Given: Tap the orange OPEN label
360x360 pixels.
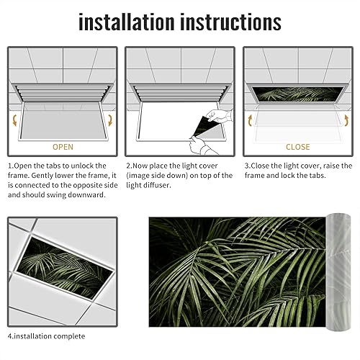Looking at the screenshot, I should pyautogui.click(x=63, y=147).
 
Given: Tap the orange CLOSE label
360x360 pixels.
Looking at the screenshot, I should pyautogui.click(x=297, y=147).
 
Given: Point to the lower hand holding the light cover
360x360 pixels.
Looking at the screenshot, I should pyautogui.click(x=197, y=146).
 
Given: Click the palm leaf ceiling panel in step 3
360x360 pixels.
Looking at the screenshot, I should pyautogui.click(x=297, y=94).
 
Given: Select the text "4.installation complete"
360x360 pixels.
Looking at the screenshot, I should pyautogui.click(x=56, y=336).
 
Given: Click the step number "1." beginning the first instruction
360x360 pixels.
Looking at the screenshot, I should pyautogui.click(x=11, y=165).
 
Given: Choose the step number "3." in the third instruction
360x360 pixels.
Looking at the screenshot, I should pyautogui.click(x=247, y=165).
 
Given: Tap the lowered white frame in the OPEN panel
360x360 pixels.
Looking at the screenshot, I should pyautogui.click(x=63, y=120).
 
